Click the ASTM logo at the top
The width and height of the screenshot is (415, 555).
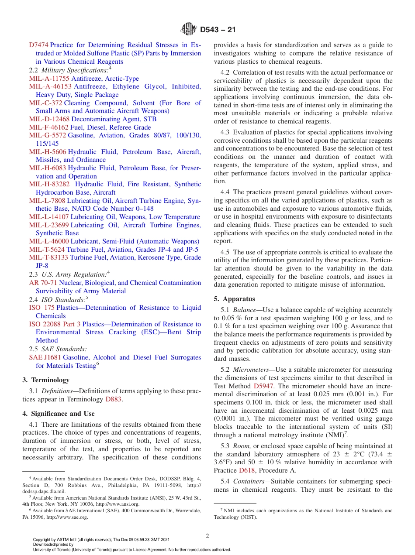pyautogui.click(x=189, y=30)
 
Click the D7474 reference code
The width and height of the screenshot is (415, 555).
pyautogui.click(x=39, y=45)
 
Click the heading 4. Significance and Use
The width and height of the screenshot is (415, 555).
pyautogui.click(x=58, y=414)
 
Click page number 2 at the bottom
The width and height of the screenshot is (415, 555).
pyautogui.click(x=207, y=536)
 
